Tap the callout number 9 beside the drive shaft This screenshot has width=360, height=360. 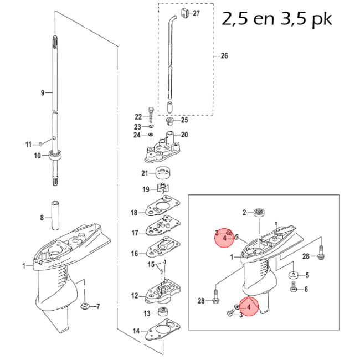[x=42, y=93]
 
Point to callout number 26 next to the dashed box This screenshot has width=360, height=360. [x=224, y=56]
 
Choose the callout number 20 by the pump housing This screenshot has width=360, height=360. [x=184, y=135]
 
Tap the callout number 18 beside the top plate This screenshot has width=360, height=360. [x=133, y=213]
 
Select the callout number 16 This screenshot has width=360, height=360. [x=134, y=254]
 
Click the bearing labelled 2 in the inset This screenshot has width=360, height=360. [x=259, y=212]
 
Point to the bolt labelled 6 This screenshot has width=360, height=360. [x=294, y=288]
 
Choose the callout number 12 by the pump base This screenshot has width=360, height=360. [x=134, y=296]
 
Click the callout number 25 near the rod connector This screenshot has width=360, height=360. [x=184, y=120]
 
